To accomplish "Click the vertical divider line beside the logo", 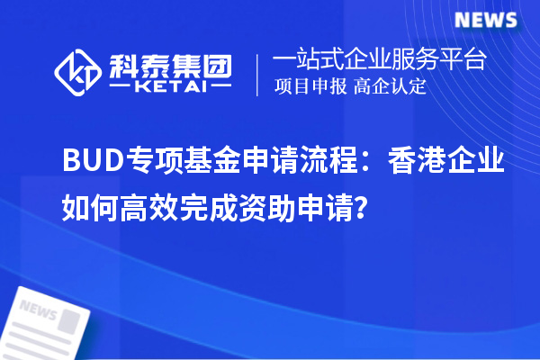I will coord(258,75).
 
